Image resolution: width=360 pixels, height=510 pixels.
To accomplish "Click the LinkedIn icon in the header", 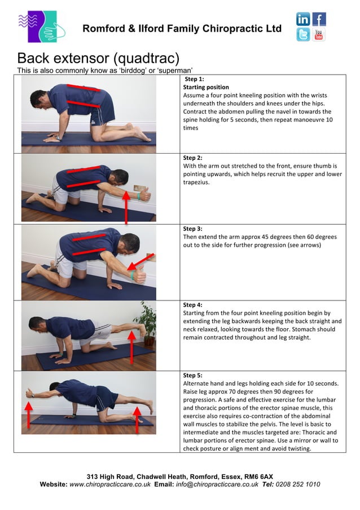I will [x=303, y=19].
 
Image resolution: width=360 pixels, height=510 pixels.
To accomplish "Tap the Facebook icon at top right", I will [x=319, y=19].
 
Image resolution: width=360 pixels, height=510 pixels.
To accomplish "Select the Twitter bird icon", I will [x=303, y=34].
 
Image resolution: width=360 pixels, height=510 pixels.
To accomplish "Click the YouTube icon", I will [x=319, y=34].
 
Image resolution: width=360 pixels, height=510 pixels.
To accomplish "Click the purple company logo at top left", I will [x=37, y=27].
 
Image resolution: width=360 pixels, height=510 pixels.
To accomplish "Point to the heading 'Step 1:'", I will [x=195, y=79].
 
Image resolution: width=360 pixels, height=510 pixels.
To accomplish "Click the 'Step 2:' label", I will [x=193, y=158].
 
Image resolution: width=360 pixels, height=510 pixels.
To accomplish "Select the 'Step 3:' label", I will [x=193, y=229].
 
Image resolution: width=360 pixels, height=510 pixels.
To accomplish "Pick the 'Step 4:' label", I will [x=193, y=305].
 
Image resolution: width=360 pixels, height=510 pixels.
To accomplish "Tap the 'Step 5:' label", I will [x=193, y=375].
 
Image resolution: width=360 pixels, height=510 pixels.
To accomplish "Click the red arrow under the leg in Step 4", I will [x=131, y=347].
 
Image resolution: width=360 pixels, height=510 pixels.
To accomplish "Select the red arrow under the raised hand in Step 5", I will [x=29, y=413].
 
